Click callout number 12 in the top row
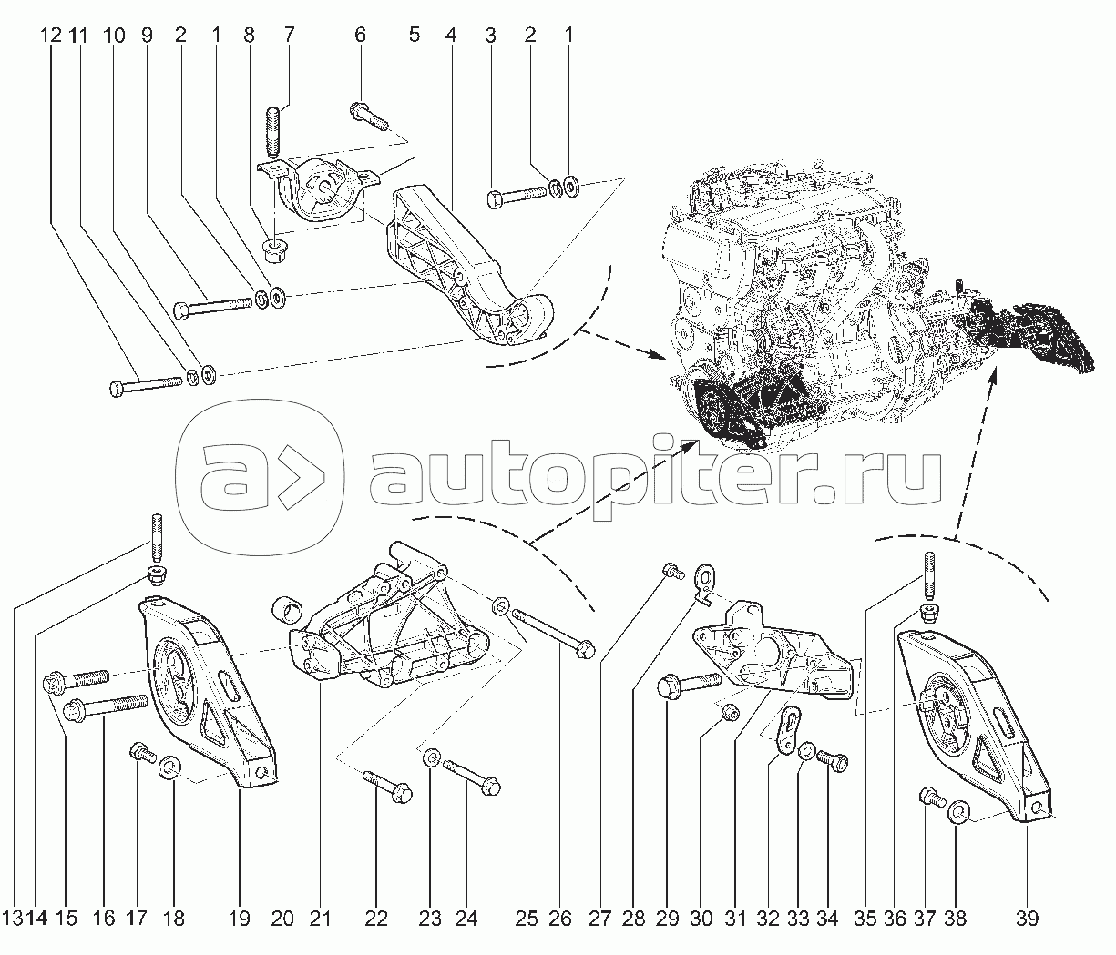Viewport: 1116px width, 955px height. [51, 36]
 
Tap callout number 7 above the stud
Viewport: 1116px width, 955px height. [289, 35]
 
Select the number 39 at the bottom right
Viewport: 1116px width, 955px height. [1027, 918]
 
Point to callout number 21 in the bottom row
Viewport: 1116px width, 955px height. [320, 918]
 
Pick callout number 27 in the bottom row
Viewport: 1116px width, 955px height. [599, 918]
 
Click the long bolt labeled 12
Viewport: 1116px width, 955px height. [146, 385]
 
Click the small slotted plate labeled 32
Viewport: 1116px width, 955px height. [789, 729]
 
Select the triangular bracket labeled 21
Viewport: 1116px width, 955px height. [389, 625]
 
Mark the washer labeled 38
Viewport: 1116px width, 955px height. [959, 828]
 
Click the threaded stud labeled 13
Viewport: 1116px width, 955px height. [157, 538]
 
